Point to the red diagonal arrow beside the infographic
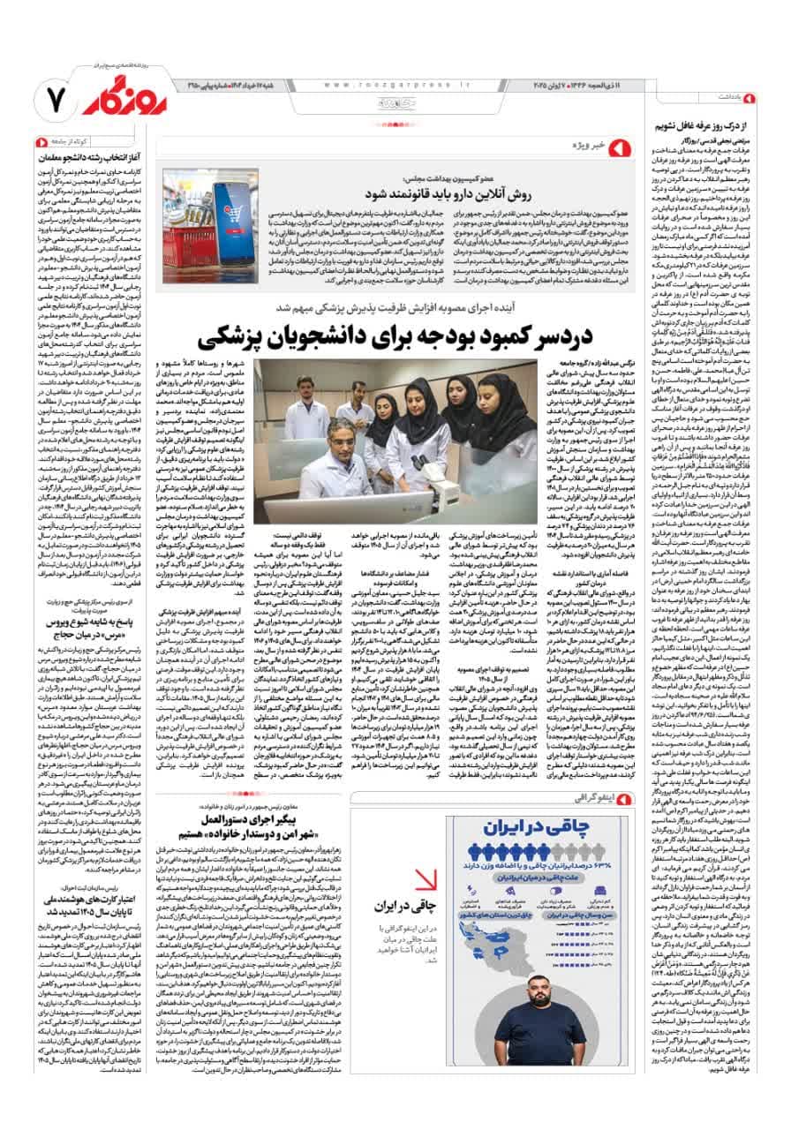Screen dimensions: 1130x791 (427, 879)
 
